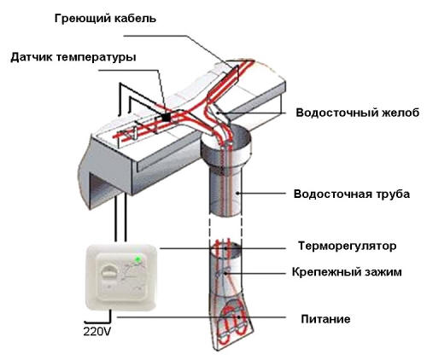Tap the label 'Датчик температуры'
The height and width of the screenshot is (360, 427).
73,58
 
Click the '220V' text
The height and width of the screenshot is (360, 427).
97,328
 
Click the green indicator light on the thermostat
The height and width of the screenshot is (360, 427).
137,258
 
